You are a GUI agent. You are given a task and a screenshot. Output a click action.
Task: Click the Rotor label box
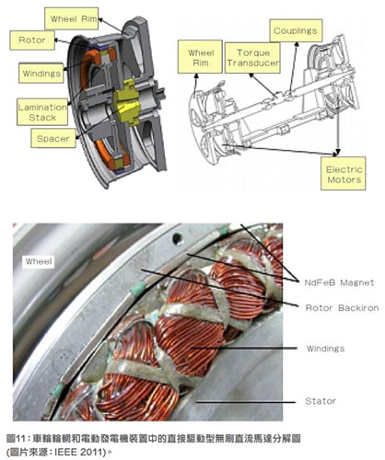pos(32,40)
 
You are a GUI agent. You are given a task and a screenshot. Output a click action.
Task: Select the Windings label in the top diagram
pos(41,73)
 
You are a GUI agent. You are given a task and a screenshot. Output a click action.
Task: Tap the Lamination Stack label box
pos(42,112)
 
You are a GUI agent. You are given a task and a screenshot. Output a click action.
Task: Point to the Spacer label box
pos(53,138)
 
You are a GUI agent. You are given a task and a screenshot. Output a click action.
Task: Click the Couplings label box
pos(296,30)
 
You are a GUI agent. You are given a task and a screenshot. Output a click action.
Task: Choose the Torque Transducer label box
pos(252,58)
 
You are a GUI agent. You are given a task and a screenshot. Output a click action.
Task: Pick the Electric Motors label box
pos(344,174)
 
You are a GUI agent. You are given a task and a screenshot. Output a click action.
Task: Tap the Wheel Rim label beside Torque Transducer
pos(200,57)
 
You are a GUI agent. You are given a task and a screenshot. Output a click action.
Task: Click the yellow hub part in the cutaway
pos(126,102)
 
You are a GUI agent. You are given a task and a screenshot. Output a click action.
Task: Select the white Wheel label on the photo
pos(39,261)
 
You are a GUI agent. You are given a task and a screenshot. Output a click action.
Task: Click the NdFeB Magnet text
pos(339,282)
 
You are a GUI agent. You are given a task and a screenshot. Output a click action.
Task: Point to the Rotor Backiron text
pos(342,307)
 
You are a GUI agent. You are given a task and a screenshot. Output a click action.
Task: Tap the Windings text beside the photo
pos(325,349)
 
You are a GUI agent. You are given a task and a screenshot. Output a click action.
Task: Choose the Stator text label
pos(321,401)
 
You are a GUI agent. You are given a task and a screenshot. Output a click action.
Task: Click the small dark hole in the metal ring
pos(177,238)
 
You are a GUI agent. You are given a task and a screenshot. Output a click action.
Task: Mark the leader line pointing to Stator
pos(246,401)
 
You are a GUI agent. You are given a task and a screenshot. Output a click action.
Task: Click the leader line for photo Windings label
pos(244,348)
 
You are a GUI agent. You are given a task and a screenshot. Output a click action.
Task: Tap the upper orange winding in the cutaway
pos(88,66)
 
